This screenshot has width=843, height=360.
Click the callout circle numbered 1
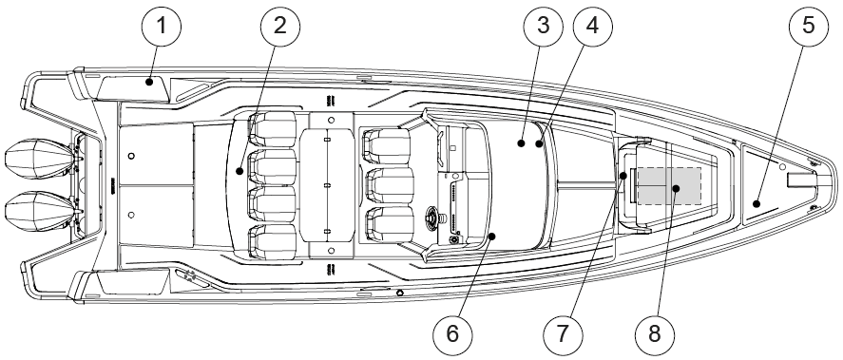pyautogui.click(x=162, y=26)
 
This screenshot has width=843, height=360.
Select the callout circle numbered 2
pyautogui.click(x=279, y=26)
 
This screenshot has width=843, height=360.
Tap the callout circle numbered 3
pyautogui.click(x=543, y=26)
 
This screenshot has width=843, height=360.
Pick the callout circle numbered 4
pyautogui.click(x=592, y=26)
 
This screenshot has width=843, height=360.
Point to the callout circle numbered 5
pyautogui.click(x=809, y=26)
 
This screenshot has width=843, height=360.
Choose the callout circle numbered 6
pyautogui.click(x=452, y=333)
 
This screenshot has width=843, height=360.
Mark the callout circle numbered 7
pyautogui.click(x=563, y=333)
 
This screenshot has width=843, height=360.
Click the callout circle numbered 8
pyautogui.click(x=655, y=333)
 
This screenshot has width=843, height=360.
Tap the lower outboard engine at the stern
pyautogui.click(x=40, y=211)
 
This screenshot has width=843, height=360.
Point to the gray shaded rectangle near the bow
pyautogui.click(x=669, y=186)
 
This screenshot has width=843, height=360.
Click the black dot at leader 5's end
pyautogui.click(x=757, y=203)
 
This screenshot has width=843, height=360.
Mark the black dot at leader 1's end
pyautogui.click(x=149, y=82)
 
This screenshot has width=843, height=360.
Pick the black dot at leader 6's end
pyautogui.click(x=492, y=236)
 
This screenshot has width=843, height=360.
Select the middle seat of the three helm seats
pyautogui.click(x=390, y=185)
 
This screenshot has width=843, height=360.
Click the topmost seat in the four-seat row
pyautogui.click(x=273, y=129)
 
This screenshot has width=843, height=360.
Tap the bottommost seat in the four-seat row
pyautogui.click(x=273, y=242)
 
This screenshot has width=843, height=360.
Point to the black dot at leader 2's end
pyautogui.click(x=239, y=171)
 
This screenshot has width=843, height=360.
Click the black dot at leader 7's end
pyautogui.click(x=623, y=175)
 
